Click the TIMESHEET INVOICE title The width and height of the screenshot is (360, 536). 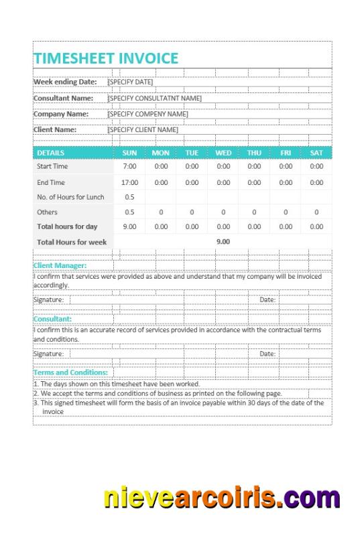click(x=106, y=58)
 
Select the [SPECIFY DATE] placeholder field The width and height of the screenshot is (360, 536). click(x=130, y=82)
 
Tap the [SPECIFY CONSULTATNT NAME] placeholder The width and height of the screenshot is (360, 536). click(x=154, y=98)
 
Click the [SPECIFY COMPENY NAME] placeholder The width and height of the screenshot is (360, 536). click(x=147, y=114)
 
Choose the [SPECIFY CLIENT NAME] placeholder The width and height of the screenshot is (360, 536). click(x=143, y=130)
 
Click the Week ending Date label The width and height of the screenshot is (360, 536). click(x=65, y=82)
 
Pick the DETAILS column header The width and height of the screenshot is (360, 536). click(x=51, y=153)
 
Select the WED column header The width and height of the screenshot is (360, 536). click(x=223, y=153)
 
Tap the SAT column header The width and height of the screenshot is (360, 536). click(x=316, y=153)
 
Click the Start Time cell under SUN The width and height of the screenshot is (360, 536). click(x=129, y=166)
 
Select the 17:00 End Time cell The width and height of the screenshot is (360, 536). click(x=129, y=182)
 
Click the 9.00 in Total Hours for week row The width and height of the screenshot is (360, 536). click(x=223, y=241)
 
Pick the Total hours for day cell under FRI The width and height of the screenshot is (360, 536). click(x=286, y=226)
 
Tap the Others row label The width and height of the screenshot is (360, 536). click(x=47, y=212)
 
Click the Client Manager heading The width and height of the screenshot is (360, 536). click(x=60, y=265)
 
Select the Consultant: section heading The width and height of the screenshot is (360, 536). click(x=52, y=319)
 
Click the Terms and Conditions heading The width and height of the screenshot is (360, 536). click(x=70, y=372)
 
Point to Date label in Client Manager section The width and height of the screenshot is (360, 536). click(x=267, y=300)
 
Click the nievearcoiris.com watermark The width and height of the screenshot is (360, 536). click(x=222, y=498)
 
